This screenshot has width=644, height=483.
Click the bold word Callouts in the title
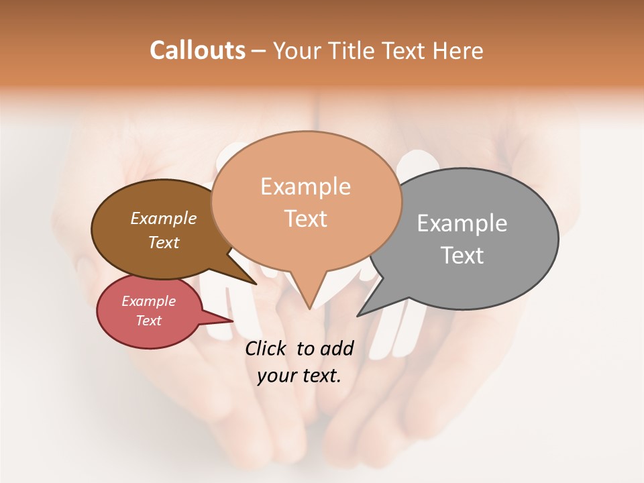pos(197,50)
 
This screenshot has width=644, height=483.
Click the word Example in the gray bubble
pos(462,223)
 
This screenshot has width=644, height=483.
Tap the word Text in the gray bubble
pos(462,256)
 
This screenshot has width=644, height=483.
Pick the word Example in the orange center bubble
pos(305,186)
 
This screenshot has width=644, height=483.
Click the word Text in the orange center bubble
pos(305,219)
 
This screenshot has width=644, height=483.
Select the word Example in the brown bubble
pos(164,219)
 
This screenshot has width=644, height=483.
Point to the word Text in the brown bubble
pos(164,242)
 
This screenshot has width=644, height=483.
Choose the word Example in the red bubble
pos(149,301)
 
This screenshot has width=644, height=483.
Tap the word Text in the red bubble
pos(149,321)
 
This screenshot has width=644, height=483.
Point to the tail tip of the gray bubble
pos(358,315)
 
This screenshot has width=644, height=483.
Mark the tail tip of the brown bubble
pos(256,284)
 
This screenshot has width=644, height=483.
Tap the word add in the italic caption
pos(337,349)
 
